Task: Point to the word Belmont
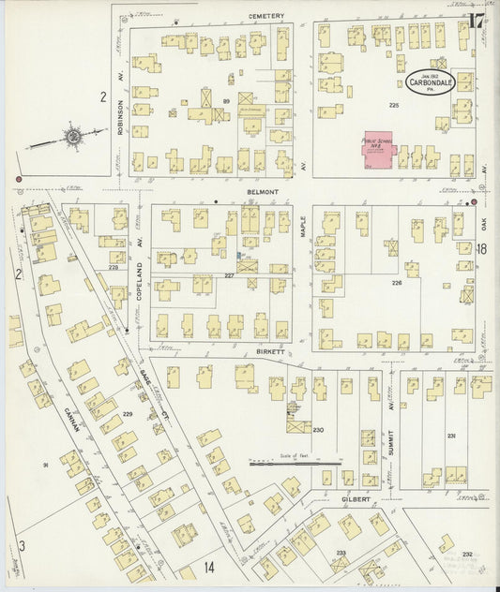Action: pyautogui.click(x=264, y=190)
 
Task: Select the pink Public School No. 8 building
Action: pyautogui.click(x=377, y=150)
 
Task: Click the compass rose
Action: pyautogui.click(x=71, y=137)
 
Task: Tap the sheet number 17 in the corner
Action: pyautogui.click(x=477, y=20)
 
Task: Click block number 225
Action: pyautogui.click(x=394, y=106)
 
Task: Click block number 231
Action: pyautogui.click(x=451, y=435)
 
